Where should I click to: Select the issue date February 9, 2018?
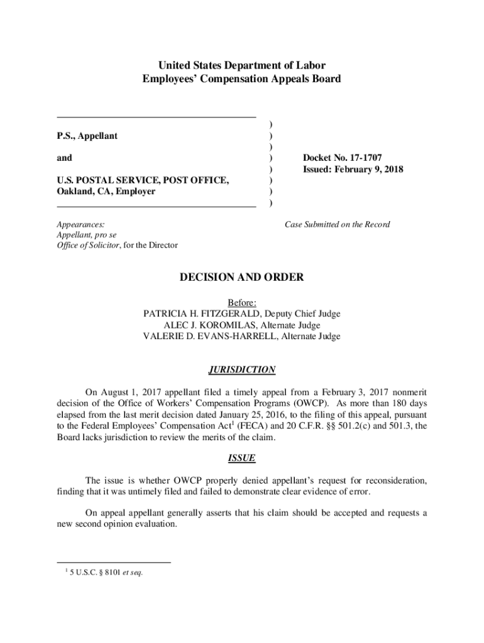pyautogui.click(x=369, y=170)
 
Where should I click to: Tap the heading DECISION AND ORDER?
pyautogui.click(x=242, y=278)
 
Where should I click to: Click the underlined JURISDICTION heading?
pyautogui.click(x=242, y=370)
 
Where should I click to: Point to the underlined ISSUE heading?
pyautogui.click(x=242, y=458)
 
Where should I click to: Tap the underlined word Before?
pyautogui.click(x=242, y=303)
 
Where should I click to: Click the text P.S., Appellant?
pyautogui.click(x=87, y=136)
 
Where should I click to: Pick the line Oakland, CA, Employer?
pyautogui.click(x=106, y=192)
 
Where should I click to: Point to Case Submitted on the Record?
pyautogui.click(x=337, y=224)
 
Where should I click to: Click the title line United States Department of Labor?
pyautogui.click(x=242, y=65)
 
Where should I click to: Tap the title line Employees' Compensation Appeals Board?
pyautogui.click(x=242, y=79)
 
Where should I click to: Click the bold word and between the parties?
pyautogui.click(x=64, y=158)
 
